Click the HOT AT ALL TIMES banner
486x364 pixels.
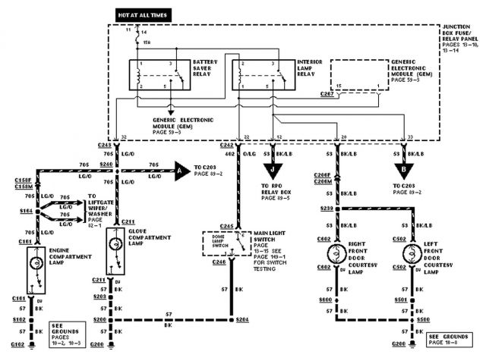tap(144, 14)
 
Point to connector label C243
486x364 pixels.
tap(105, 145)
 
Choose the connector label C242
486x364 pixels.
tap(226, 145)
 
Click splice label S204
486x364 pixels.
tap(241, 321)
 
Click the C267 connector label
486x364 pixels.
tap(327, 95)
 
